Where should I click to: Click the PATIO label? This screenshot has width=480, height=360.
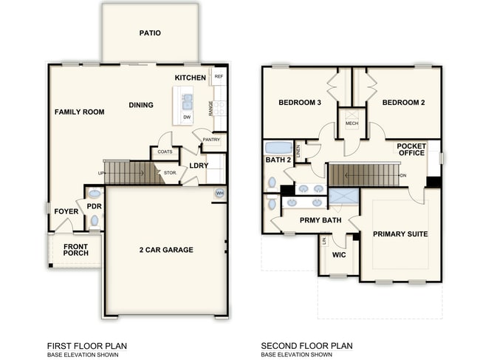click(150, 33)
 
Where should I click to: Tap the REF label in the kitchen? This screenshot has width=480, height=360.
click(218, 76)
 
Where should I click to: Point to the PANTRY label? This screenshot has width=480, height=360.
click(211, 139)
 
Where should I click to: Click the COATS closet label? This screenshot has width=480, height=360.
click(165, 152)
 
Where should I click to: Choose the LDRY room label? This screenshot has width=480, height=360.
click(199, 166)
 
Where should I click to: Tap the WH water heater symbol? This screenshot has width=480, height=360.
click(219, 193)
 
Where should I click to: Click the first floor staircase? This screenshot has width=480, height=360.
click(132, 173)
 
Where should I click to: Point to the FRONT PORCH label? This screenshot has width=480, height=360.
click(75, 250)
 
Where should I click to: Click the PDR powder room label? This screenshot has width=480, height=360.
click(94, 206)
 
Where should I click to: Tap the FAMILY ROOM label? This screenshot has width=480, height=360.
click(79, 112)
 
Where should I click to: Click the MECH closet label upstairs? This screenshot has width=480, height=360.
click(352, 123)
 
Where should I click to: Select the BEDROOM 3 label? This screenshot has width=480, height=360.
click(299, 103)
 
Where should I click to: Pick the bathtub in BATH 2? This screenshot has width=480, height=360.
click(278, 146)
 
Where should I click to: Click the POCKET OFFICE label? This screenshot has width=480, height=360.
click(411, 150)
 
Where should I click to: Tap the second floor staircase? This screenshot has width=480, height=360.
click(364, 175)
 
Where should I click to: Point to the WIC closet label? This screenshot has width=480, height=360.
click(339, 255)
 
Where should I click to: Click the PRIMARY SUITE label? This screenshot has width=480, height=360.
click(400, 234)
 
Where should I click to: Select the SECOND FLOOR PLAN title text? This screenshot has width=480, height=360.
click(306, 345)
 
